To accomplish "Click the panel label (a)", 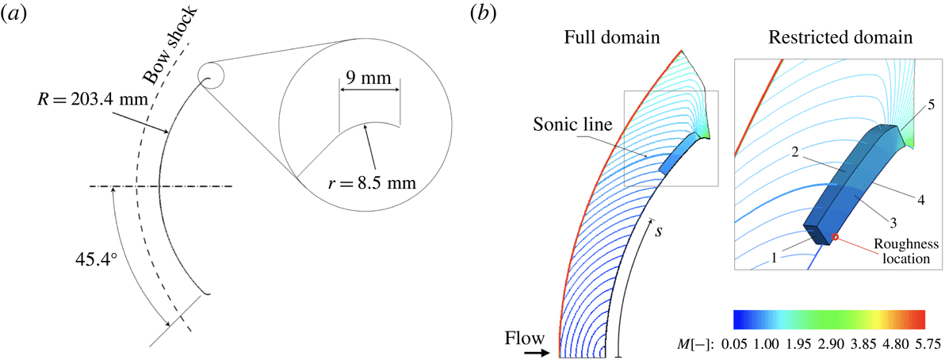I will pos(17,13).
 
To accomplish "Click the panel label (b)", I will pos(484,13).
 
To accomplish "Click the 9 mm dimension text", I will pos(369,80).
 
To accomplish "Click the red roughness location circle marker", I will pos(835,237).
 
